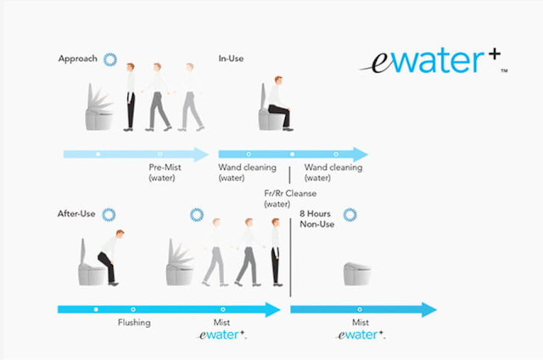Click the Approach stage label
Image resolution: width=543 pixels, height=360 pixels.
77,59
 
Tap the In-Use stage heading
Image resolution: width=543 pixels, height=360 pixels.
231,59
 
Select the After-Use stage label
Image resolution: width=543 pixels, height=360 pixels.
76,214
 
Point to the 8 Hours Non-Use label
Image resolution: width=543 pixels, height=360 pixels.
316,219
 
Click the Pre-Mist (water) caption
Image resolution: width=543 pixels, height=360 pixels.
165,172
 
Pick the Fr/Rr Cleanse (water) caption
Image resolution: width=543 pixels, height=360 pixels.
290,199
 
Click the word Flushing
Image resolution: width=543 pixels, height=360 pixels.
134,323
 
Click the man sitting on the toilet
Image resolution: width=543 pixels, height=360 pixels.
279,104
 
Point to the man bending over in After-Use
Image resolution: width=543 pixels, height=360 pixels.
111,257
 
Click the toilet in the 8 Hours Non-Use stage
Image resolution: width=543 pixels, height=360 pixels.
357,273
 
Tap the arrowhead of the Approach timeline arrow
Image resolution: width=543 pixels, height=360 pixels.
202,155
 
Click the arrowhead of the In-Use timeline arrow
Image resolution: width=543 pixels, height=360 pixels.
361,155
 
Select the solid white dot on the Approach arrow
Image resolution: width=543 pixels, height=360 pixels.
98,155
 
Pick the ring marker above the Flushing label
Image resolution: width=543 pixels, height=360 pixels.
133,309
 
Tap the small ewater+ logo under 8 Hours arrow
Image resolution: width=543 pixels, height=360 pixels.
361,335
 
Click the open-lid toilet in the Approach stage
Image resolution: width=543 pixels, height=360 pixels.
99,108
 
